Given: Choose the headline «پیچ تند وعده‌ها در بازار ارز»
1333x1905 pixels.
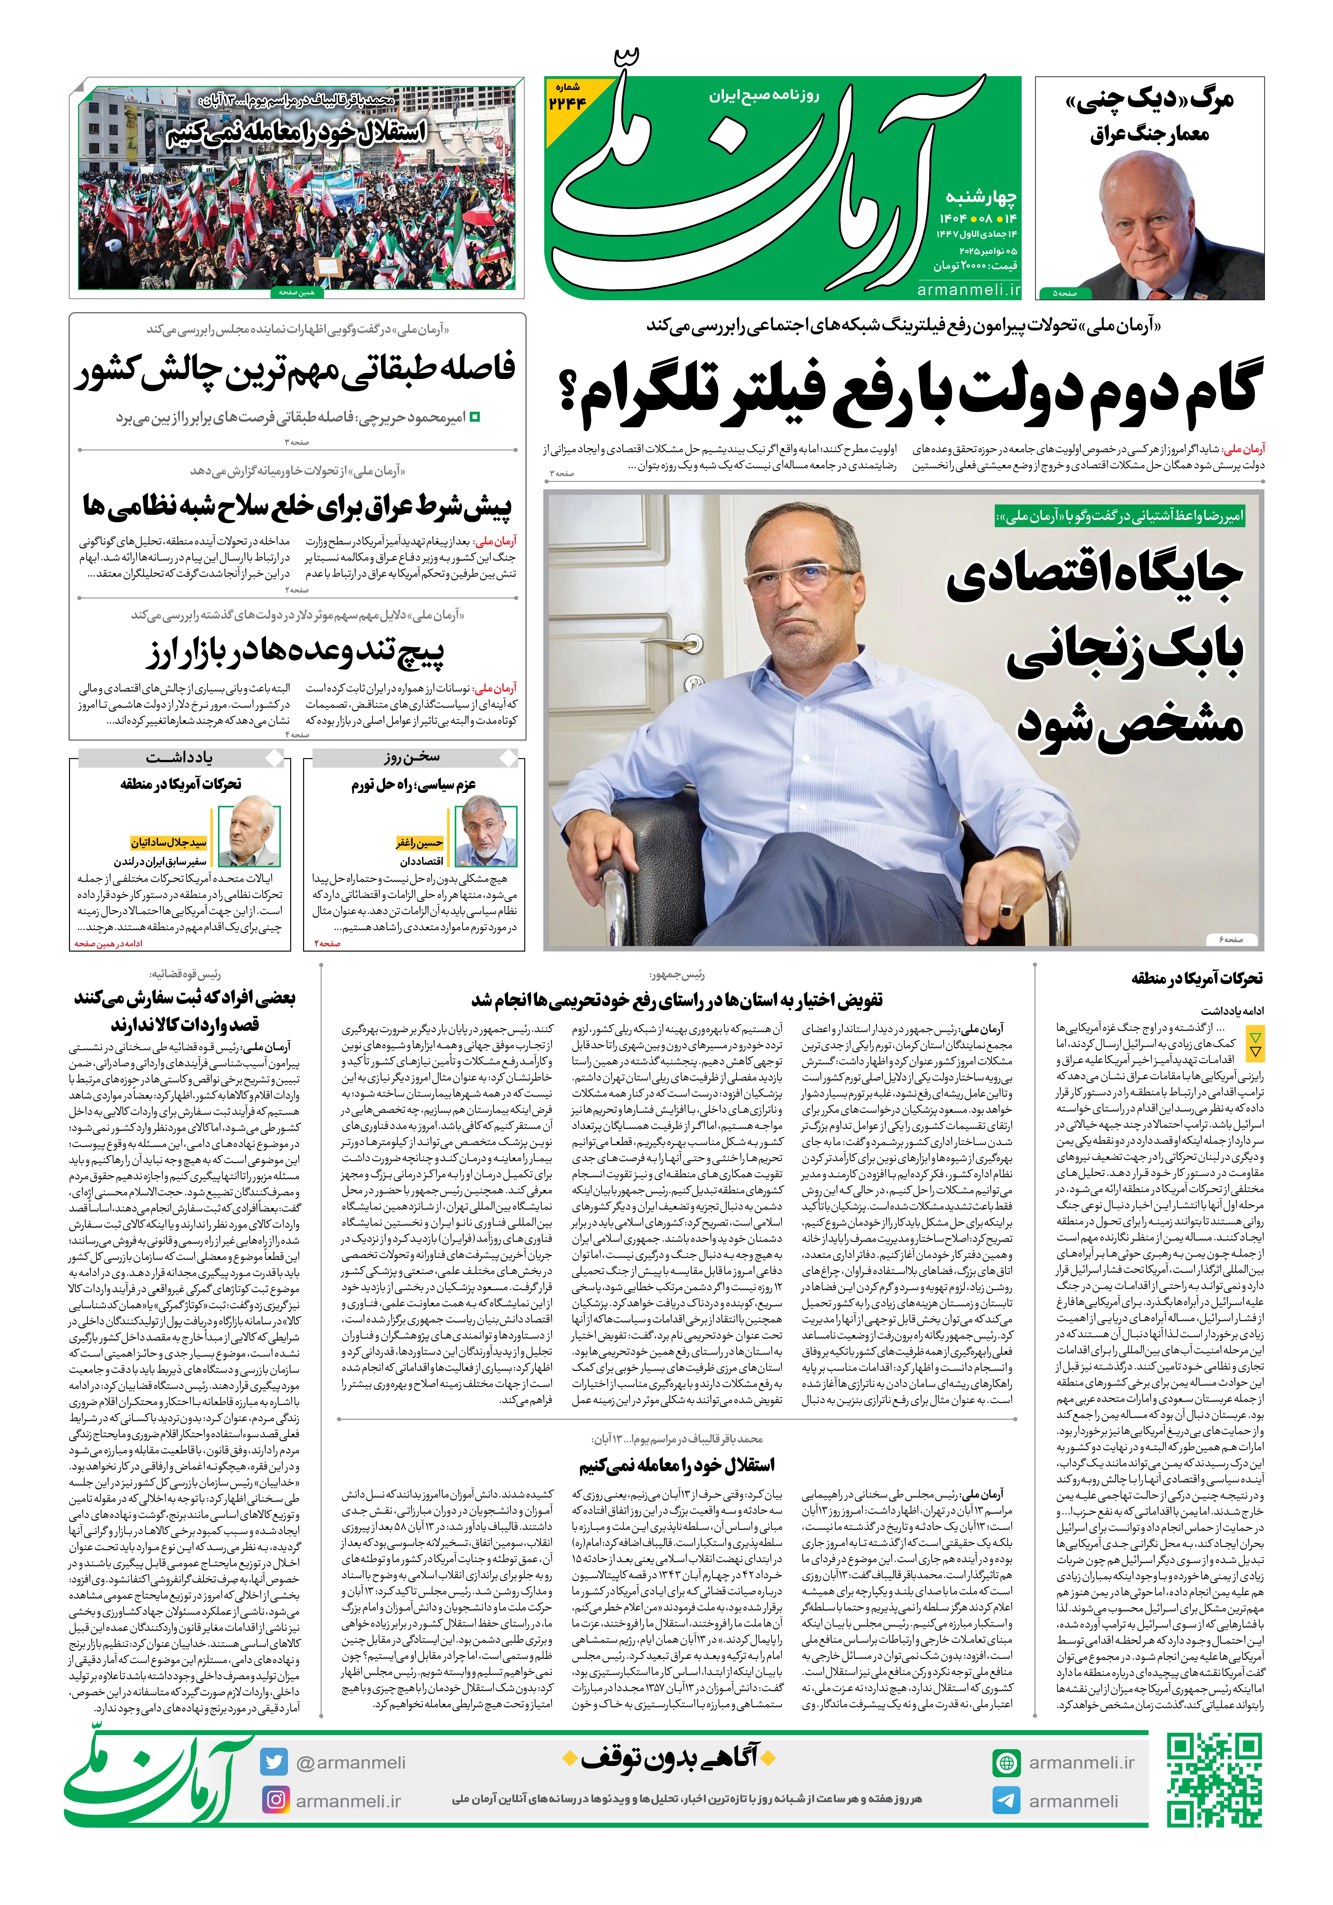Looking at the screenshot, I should pos(296,652).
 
